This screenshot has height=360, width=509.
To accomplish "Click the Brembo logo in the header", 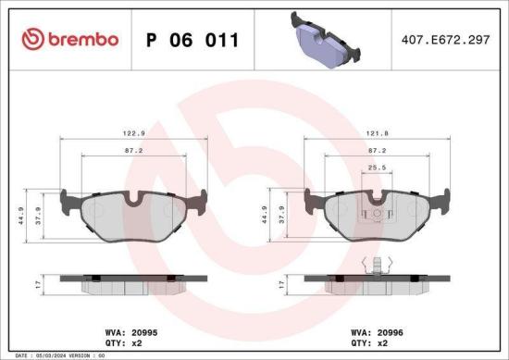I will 70,39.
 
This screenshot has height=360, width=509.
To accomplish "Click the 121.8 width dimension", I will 377,131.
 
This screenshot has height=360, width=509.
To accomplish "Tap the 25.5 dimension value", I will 376,167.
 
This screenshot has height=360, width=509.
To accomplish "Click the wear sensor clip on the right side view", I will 377,266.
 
